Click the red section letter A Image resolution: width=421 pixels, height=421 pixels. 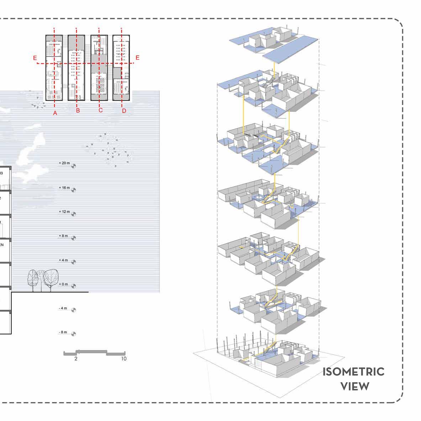pos(55,113)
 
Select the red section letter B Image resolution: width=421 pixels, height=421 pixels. pos(78,111)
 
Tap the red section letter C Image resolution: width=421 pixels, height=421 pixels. pos(101,110)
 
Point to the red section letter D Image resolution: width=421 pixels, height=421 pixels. pos(124,111)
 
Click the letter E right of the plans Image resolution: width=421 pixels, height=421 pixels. pos(137,58)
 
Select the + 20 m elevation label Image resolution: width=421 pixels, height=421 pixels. pos(64,163)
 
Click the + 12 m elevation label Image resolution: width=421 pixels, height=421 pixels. pos(64,212)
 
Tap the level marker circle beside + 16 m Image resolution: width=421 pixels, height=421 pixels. pos(74,190)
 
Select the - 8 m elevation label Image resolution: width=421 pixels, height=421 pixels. pos(63,332)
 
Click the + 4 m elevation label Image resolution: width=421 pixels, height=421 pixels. pos(64,260)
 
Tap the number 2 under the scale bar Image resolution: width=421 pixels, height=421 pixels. pos(76,359)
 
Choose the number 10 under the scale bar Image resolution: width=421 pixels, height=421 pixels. pos(123,359)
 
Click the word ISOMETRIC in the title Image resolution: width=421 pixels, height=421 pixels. pos(353,372)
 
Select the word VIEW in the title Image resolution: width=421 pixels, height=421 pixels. pos(355,386)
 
